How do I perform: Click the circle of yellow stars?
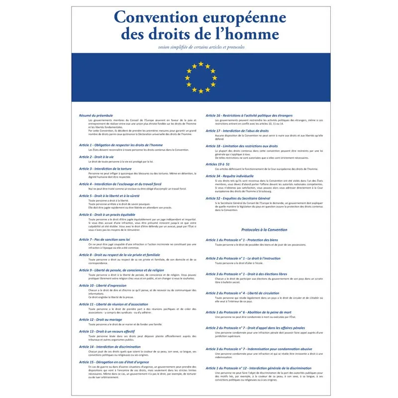coord(200,78)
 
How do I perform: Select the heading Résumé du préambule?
coord(96,115)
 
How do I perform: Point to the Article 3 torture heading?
coord(106,169)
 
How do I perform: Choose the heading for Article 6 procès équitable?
coord(107,214)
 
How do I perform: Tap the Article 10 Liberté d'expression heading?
coord(102,286)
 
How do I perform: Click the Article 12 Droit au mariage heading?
coord(100,319)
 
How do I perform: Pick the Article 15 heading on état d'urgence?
coord(114,362)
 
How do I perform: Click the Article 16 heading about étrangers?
coord(249,115)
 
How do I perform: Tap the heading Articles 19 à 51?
coord(218,164)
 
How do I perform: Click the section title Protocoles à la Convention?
coord(264,230)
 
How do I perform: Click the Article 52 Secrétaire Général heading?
coord(238,198)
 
